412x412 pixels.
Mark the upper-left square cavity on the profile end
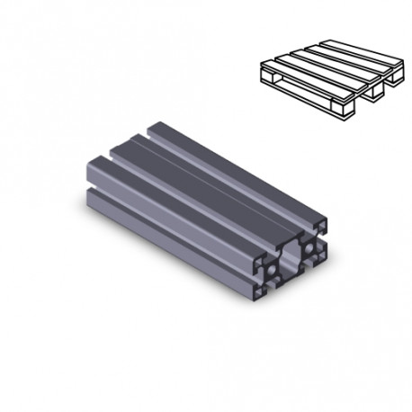click(259, 262)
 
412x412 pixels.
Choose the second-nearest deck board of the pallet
click(315, 68)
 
